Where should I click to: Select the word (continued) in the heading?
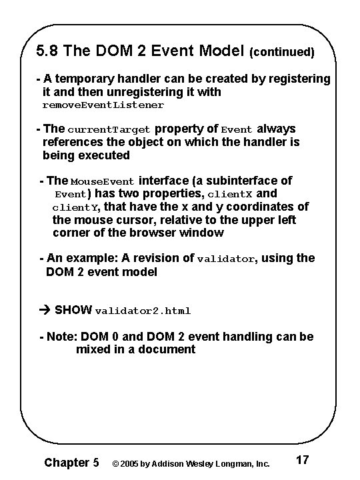pyautogui.click(x=281, y=51)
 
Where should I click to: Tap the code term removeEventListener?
pyautogui.click(x=103, y=105)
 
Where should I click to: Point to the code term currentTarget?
pyautogui.click(x=109, y=129)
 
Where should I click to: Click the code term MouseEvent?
pyautogui.click(x=102, y=181)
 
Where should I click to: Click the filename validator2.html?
pyautogui.click(x=143, y=311)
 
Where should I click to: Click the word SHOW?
pyautogui.click(x=74, y=310)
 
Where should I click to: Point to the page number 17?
pyautogui.click(x=301, y=460)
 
